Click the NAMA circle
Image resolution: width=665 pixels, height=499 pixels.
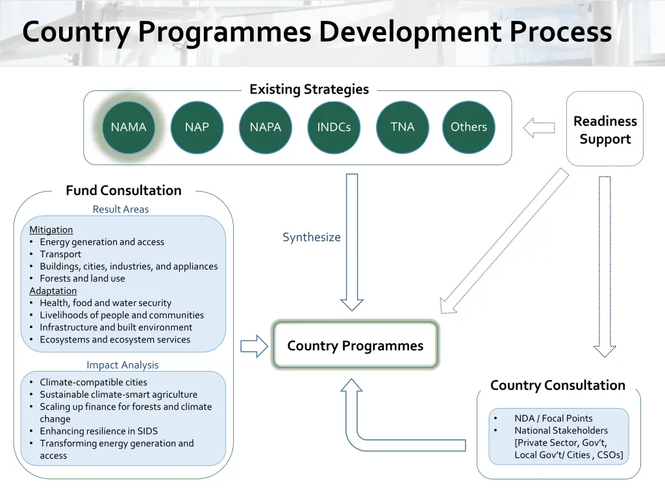(129, 127)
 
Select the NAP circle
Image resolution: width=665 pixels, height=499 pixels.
(197, 127)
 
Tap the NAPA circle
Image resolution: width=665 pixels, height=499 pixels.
(266, 127)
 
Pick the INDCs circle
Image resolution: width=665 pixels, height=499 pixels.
(334, 127)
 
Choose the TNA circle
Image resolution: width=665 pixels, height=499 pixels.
(403, 127)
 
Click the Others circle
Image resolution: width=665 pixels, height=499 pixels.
(469, 127)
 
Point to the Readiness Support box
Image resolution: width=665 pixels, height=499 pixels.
(605, 130)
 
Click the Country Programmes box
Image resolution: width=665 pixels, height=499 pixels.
(355, 346)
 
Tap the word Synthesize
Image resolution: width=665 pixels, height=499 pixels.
(312, 237)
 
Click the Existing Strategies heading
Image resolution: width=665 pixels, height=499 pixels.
(309, 90)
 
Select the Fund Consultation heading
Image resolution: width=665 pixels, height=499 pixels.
(123, 190)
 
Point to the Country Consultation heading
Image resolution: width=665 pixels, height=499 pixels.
(558, 385)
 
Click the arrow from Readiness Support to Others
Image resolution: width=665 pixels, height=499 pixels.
(539, 127)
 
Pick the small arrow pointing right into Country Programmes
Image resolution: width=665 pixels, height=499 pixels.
(254, 346)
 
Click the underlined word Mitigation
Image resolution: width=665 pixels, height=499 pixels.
(51, 229)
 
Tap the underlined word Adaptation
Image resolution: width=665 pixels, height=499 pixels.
(53, 290)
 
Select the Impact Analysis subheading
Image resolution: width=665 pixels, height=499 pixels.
(123, 365)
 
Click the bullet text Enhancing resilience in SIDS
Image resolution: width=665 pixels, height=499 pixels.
(99, 431)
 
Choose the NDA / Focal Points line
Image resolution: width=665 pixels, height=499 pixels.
(553, 418)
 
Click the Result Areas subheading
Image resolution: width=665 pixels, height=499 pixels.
(121, 209)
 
